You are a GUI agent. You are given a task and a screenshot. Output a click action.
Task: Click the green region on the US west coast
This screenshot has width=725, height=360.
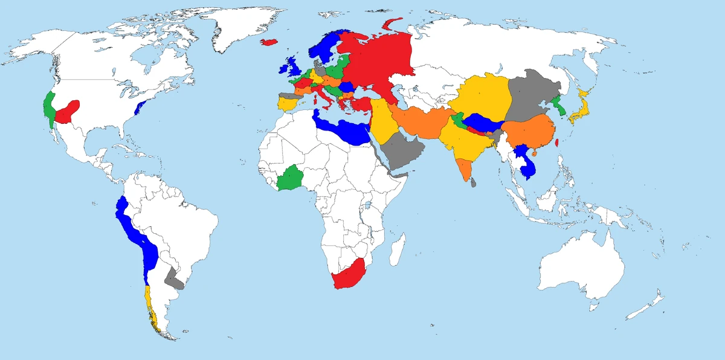(48, 106)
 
